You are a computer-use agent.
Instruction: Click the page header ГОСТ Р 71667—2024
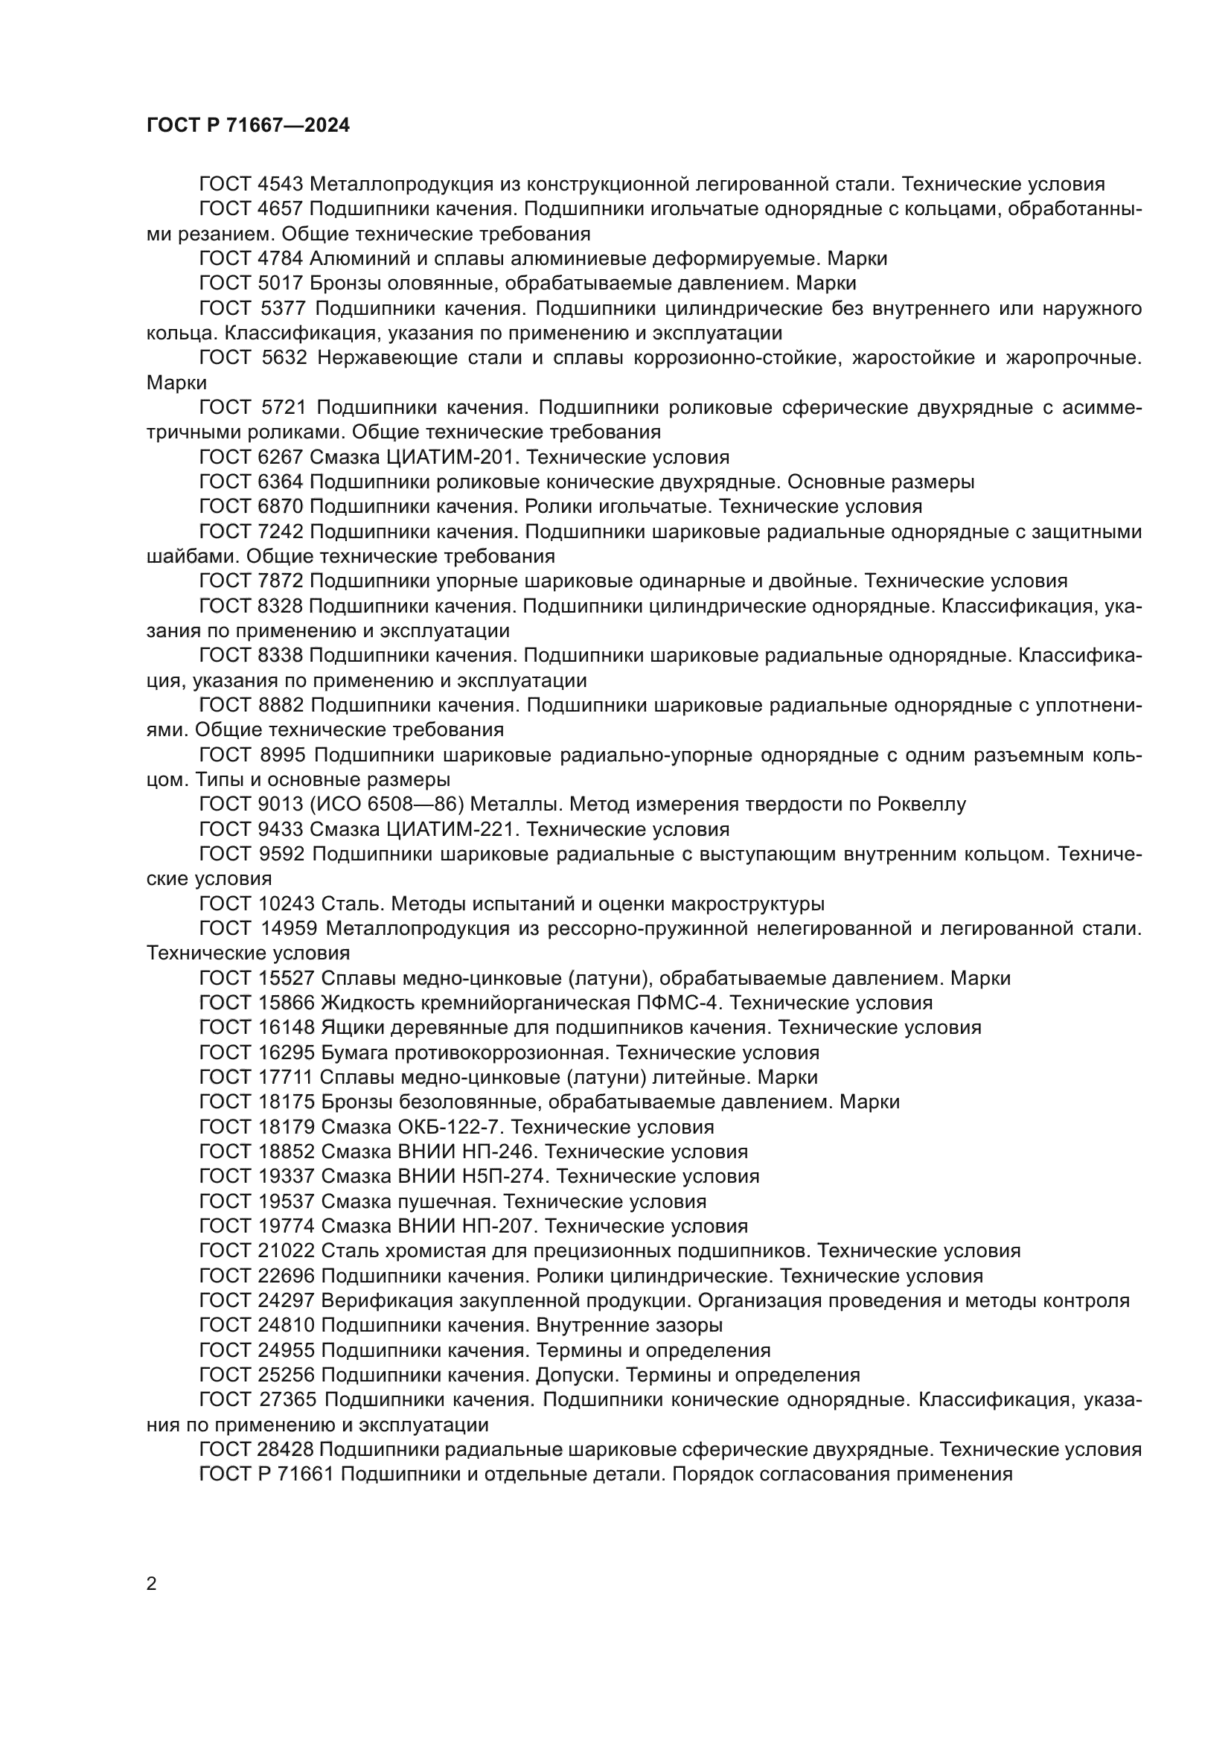248,126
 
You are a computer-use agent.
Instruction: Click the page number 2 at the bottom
152,1584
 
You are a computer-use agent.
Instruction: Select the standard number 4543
281,185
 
